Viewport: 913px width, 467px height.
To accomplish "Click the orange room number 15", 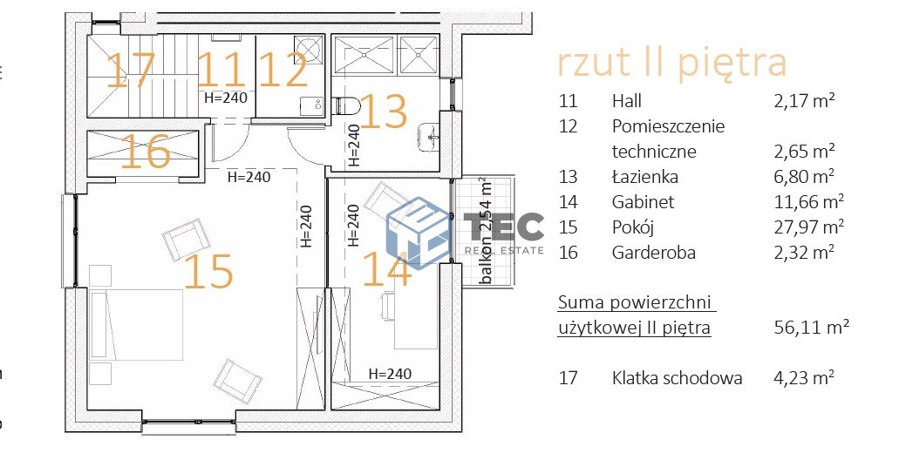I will pos(209,271).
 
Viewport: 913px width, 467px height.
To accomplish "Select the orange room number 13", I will pos(384,112).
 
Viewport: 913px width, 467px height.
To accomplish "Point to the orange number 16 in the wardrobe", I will pos(145,152).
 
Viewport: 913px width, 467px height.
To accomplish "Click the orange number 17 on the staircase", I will pos(131,71).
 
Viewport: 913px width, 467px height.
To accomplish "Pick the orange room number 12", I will pos(283,71).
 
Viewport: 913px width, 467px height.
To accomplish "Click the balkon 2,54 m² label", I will pos(485,230).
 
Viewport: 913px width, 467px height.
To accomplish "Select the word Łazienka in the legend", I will pos(644,177).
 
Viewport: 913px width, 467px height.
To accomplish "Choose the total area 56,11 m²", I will pos(811,328).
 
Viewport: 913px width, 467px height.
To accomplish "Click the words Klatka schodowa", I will pos(677,378).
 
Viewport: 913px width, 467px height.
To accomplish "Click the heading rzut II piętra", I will pos(671,63).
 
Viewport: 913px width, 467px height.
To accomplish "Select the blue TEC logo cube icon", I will pos(417,229).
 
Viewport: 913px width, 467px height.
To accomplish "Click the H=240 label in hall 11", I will pos(226,98).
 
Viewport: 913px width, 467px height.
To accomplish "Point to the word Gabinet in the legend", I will pos(643,202).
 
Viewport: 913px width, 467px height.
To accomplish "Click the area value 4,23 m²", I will pos(804,378).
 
